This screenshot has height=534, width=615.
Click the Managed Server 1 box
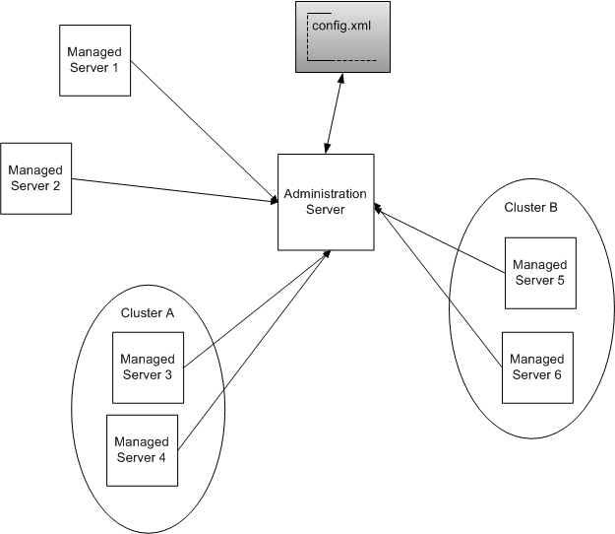[94, 59]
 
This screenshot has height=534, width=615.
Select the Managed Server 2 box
[36, 178]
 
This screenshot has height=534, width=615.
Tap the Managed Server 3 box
[149, 367]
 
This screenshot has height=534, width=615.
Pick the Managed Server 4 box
[142, 449]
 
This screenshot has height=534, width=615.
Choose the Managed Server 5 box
[539, 271]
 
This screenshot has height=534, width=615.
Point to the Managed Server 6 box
[537, 367]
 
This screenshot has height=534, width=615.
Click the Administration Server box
[326, 201]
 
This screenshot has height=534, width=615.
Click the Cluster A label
[149, 312]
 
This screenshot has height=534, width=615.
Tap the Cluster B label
[530, 208]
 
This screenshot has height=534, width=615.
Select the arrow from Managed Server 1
[202, 130]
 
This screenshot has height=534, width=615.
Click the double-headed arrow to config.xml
[333, 113]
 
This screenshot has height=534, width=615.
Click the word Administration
[325, 194]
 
